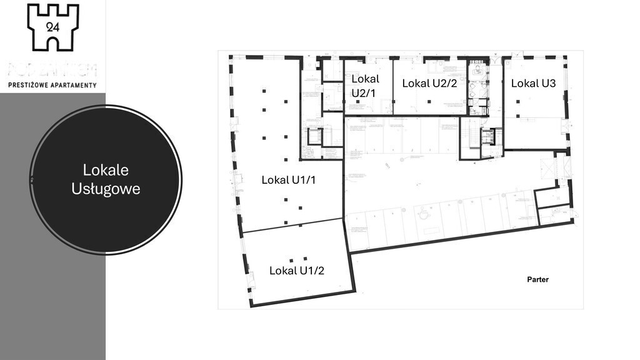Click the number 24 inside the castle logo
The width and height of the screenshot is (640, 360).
coord(52,26)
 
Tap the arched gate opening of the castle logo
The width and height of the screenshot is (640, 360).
coord(52,42)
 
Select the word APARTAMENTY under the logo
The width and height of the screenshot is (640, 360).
coord(74,85)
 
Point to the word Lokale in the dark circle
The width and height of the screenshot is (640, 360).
coord(106,170)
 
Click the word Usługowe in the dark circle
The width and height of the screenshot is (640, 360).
coord(106,188)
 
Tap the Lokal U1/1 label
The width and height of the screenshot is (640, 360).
coord(289,180)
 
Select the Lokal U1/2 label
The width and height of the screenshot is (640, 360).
coord(296,271)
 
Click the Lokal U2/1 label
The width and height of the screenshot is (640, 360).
coord(364,86)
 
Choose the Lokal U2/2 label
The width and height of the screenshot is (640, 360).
coord(430,83)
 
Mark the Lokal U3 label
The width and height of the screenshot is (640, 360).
coord(533,83)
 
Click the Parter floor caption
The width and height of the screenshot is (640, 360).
coord(537,279)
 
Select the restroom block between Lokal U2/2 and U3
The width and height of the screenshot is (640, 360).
coord(478,87)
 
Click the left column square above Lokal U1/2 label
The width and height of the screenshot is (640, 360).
coord(291,259)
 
